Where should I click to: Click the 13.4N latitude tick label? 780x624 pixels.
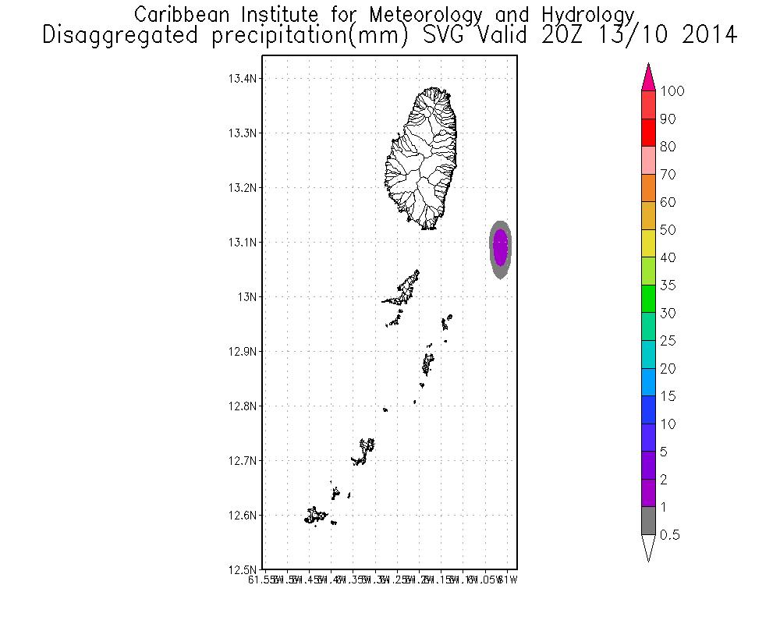click(243, 79)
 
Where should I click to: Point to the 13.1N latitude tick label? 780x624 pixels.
click(243, 243)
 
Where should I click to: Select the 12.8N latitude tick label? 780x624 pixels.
click(243, 406)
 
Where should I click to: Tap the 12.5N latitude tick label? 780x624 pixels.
click(243, 569)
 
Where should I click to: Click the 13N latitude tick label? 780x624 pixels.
click(247, 297)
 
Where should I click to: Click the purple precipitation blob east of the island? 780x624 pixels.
click(501, 246)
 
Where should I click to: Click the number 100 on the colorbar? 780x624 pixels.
click(672, 91)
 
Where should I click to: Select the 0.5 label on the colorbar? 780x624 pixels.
click(670, 535)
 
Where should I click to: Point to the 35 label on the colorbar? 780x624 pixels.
click(668, 285)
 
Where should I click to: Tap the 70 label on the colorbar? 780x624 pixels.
click(668, 175)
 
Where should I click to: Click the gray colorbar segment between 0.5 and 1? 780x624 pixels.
click(648, 521)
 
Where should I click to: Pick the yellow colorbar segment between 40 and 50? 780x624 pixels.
click(648, 243)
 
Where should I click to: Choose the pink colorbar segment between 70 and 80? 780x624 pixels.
click(648, 161)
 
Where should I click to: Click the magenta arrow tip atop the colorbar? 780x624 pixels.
click(648, 78)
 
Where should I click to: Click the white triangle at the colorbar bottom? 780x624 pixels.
click(648, 548)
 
